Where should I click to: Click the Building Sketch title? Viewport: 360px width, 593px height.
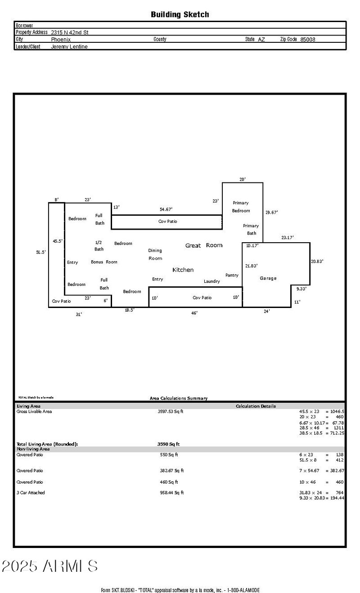(x=180, y=14)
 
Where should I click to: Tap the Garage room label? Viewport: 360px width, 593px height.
(x=268, y=278)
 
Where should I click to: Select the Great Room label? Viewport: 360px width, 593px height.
(x=204, y=245)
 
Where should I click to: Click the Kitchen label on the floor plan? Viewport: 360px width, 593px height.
(x=183, y=270)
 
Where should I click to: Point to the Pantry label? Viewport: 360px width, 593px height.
(x=232, y=275)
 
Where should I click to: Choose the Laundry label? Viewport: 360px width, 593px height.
(x=211, y=281)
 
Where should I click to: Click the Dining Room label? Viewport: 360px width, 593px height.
(x=155, y=254)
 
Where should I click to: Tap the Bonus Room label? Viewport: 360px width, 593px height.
(x=104, y=262)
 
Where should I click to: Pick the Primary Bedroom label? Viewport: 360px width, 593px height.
(x=241, y=207)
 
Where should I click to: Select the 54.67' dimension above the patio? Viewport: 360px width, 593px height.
(x=166, y=209)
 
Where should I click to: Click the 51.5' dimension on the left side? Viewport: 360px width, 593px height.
(x=41, y=253)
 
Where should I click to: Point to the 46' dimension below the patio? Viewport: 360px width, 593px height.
(x=194, y=312)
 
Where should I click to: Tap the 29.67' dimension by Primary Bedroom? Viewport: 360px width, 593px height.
(x=271, y=213)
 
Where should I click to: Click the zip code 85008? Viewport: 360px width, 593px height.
(x=308, y=39)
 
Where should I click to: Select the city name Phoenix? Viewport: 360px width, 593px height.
(x=61, y=39)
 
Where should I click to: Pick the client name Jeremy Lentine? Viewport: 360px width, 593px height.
(x=69, y=46)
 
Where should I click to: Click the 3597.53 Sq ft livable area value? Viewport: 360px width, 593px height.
(x=171, y=412)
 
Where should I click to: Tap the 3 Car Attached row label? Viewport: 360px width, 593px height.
(x=31, y=493)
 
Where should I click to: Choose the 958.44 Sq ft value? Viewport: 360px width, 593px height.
(x=172, y=493)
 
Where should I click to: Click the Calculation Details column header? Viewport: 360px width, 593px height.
(x=256, y=406)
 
